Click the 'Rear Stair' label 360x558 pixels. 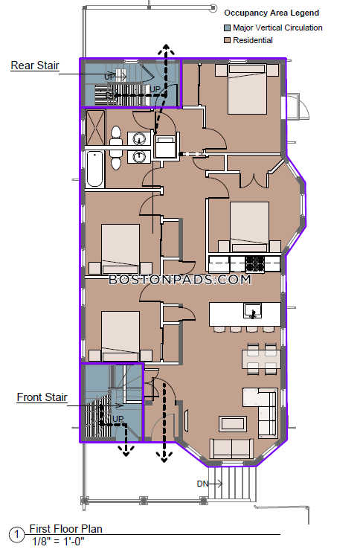click(x=35, y=65)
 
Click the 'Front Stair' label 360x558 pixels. click(x=42, y=397)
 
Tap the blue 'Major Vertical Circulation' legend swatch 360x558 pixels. click(x=228, y=28)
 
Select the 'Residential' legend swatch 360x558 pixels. click(x=228, y=40)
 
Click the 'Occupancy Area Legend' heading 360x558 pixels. click(x=271, y=13)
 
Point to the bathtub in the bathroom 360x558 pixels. click(x=95, y=169)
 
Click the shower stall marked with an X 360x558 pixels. click(x=95, y=127)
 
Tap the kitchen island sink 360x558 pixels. click(x=253, y=311)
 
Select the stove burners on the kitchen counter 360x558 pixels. click(x=255, y=264)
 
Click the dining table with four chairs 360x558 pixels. click(x=262, y=359)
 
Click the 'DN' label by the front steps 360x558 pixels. click(x=202, y=484)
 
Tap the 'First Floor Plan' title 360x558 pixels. click(x=65, y=529)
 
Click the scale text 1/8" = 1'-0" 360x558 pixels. click(x=58, y=542)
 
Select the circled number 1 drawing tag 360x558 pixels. click(x=16, y=534)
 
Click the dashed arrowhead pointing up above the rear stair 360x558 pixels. click(x=166, y=50)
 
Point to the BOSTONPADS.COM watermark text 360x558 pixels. click(x=180, y=280)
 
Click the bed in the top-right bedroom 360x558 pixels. click(x=247, y=89)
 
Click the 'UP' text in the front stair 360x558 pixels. click(x=118, y=419)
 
